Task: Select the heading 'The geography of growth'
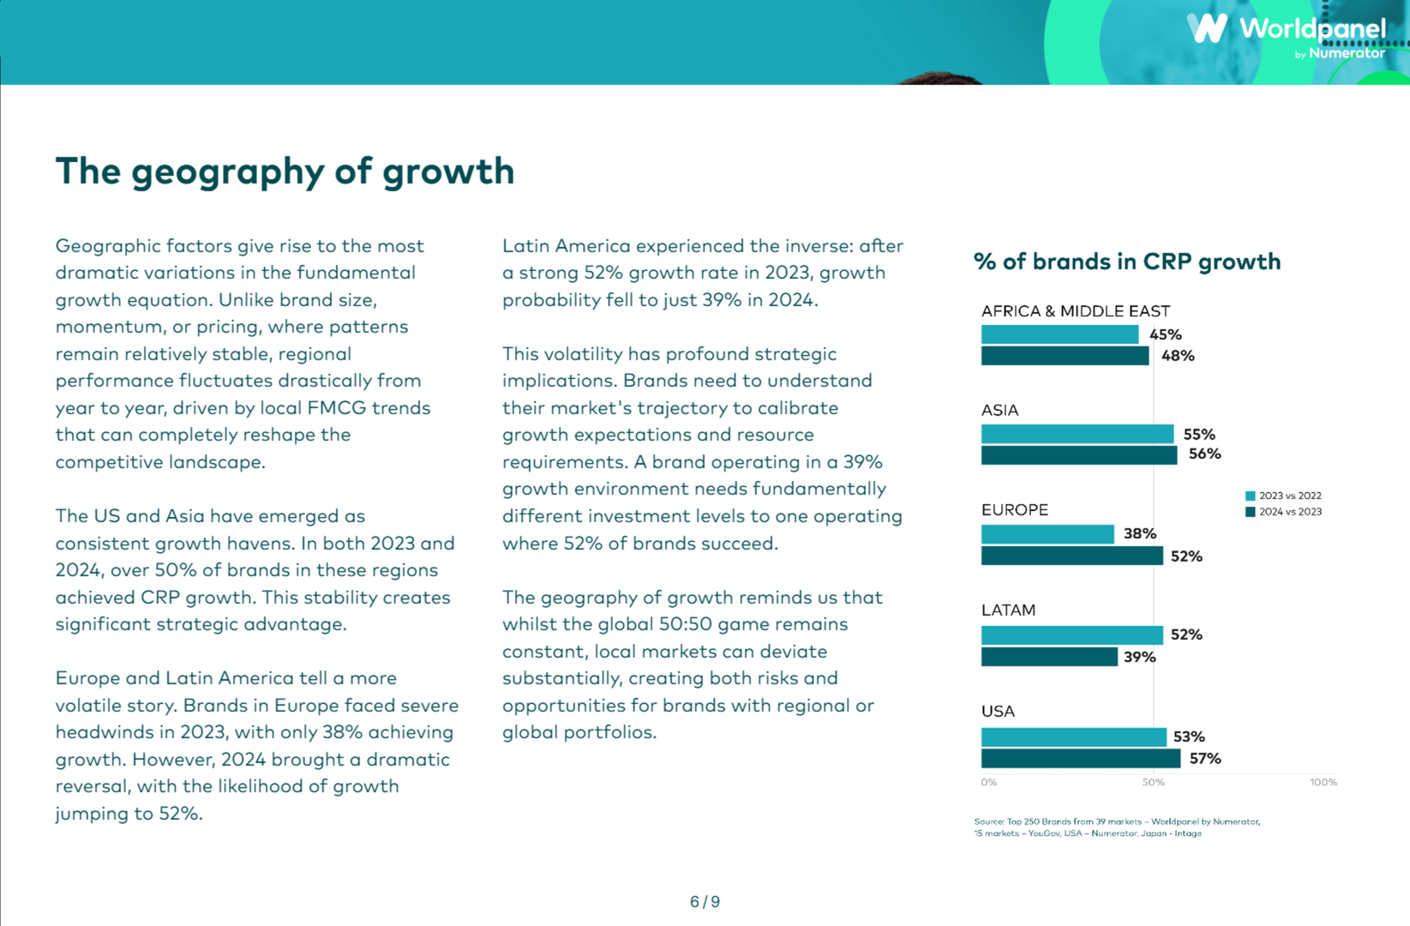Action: pyautogui.click(x=285, y=171)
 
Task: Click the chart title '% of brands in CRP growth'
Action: pyautogui.click(x=1126, y=262)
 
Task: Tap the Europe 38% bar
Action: pyautogui.click(x=1047, y=534)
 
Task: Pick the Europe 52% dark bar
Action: pyautogui.click(x=1071, y=556)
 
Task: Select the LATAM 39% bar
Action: pyautogui.click(x=1049, y=657)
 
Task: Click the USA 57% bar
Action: pyautogui.click(x=1080, y=759)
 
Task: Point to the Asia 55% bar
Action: pyautogui.click(x=1077, y=434)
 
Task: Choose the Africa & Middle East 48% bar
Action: pyautogui.click(x=1065, y=356)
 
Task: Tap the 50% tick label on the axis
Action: pyautogui.click(x=1153, y=782)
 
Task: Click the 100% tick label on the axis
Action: pyautogui.click(x=1323, y=782)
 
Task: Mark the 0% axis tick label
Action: pyautogui.click(x=989, y=782)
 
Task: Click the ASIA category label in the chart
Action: pyautogui.click(x=999, y=411)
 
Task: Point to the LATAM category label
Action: pyautogui.click(x=1008, y=610)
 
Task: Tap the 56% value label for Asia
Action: pyautogui.click(x=1204, y=454)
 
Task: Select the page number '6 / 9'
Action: pyautogui.click(x=705, y=902)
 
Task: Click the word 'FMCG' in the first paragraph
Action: pyautogui.click(x=336, y=408)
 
